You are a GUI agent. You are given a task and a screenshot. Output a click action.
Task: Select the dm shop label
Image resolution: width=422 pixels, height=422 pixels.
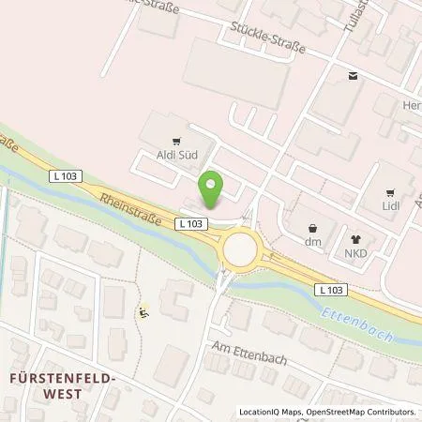click(313, 241)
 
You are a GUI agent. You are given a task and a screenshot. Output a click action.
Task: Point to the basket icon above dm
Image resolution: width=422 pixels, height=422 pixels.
click(313, 227)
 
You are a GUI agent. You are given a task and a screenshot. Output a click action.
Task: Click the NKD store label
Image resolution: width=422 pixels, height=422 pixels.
click(355, 252)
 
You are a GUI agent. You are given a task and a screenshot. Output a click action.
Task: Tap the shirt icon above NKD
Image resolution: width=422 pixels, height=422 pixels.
click(355, 239)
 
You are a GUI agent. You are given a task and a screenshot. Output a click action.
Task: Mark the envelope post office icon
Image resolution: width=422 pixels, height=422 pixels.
click(352, 76)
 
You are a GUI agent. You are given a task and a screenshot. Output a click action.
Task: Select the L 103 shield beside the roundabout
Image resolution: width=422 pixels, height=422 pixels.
click(191, 223)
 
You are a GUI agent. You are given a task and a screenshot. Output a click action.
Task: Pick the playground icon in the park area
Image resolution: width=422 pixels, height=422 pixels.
click(143, 311)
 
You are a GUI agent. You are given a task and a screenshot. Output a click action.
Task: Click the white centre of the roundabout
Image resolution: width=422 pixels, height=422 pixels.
click(240, 250)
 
